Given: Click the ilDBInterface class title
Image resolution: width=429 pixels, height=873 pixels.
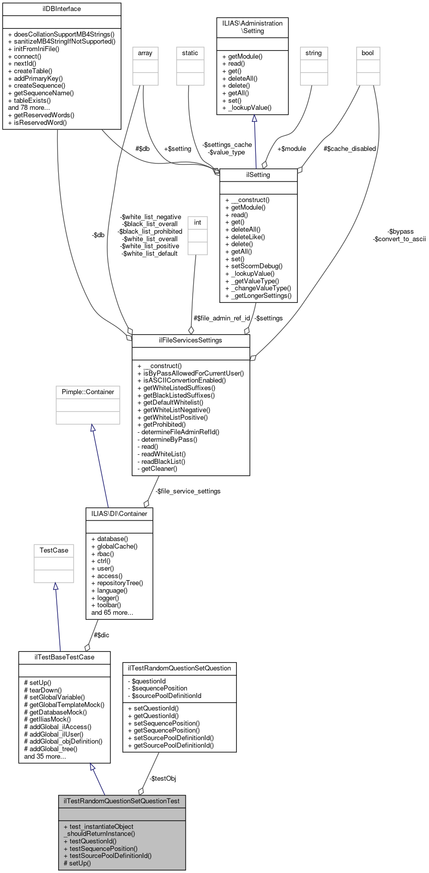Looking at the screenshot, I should pos(62,9).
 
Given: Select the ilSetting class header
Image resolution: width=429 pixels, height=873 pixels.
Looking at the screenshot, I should pos(258,175).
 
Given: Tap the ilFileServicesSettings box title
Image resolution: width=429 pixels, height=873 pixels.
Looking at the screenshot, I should pos(190,340).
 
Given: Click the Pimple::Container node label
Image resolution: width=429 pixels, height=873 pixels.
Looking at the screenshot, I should pos(88,392).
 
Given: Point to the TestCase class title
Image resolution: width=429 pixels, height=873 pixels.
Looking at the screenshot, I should pos(54,550).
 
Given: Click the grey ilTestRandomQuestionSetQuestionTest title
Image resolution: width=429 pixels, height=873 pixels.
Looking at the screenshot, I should pos(122,801).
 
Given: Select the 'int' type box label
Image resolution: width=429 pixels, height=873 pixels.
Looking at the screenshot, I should pos(198,222).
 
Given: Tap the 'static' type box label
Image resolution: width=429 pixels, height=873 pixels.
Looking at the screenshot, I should pos(190,53).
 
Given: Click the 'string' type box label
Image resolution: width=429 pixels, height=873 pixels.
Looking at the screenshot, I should pos(314,53).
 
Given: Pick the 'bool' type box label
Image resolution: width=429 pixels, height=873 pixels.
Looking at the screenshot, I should pos(368,53).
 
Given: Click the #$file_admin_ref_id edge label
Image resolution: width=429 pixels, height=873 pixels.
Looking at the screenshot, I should pos(222,318).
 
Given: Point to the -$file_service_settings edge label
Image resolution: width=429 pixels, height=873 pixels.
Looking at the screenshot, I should pos(188,491).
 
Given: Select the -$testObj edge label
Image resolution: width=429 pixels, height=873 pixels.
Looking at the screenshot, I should pos(163,778).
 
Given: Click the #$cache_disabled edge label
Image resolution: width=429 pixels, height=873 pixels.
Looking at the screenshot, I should pos(350,148).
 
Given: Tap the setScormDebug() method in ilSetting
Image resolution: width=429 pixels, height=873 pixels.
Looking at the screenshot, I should pos(254,266).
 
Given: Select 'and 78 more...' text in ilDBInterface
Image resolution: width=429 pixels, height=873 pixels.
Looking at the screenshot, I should pos(29,107).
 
